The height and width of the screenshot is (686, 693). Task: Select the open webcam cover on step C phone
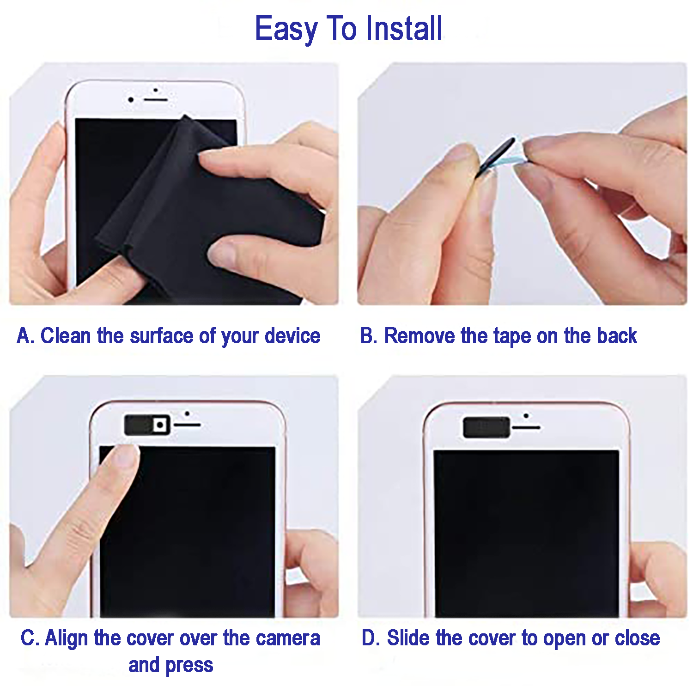147,425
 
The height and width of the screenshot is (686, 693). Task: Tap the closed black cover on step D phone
486,427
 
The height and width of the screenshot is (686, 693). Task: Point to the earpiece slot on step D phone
526,428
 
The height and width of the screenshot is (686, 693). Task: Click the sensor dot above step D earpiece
526,416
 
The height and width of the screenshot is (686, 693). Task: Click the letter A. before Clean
25,336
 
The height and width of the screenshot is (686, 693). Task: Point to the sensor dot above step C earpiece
187,413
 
